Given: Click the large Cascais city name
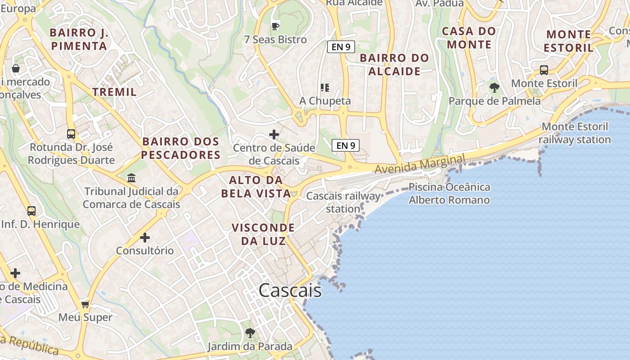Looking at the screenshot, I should click(290, 291).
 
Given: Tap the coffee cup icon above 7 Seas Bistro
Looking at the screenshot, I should click(275, 26).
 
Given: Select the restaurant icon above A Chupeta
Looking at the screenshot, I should click(325, 88).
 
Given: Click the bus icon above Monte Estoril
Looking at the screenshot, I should click(544, 70).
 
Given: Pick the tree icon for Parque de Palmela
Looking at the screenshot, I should click(495, 88).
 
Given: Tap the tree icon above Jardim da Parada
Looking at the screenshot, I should click(250, 333).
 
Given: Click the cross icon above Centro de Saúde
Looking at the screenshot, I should click(274, 135).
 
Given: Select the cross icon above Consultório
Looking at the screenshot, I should click(145, 238).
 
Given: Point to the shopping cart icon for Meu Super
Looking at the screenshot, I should click(85, 305).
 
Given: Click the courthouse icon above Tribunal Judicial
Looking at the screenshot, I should click(131, 178).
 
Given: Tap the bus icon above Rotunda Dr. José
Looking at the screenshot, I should click(71, 134).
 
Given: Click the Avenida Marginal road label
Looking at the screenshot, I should click(419, 165).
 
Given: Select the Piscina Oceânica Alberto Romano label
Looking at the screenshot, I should click(449, 193).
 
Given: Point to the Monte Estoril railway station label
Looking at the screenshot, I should click(575, 133).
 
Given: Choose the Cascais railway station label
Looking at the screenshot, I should click(343, 202).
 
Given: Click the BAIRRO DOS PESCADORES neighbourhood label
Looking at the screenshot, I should click(181, 148).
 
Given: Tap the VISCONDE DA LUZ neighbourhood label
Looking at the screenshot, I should click(263, 234).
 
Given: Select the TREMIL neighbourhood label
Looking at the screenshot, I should click(114, 92).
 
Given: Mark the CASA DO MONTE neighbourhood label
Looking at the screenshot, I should click(469, 38).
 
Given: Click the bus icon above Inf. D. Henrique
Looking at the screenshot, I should click(31, 211).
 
